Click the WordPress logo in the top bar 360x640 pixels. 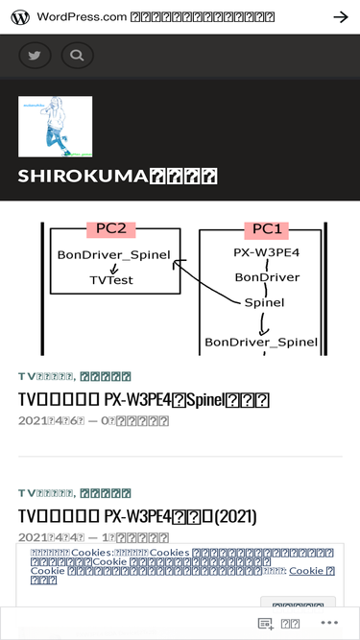tap(19, 17)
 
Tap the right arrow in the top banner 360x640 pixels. tap(340, 17)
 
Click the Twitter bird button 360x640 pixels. tap(36, 55)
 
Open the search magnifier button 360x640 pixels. tap(78, 55)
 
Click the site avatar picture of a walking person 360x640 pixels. tap(56, 126)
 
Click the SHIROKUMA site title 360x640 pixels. tap(117, 176)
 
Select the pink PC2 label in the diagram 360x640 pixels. tap(111, 228)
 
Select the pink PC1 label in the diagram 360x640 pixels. tap(267, 229)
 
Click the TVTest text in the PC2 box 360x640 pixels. tap(111, 280)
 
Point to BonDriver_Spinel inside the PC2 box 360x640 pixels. tap(113, 255)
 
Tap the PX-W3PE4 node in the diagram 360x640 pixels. tap(267, 252)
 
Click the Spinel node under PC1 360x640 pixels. tap(264, 302)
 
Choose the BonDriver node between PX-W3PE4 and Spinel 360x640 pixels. tap(267, 277)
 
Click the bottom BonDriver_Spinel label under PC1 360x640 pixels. tap(261, 341)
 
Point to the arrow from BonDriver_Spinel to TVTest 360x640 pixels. tap(113, 268)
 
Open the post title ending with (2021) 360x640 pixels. tap(137, 516)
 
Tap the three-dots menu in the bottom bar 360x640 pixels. tap(329, 623)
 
